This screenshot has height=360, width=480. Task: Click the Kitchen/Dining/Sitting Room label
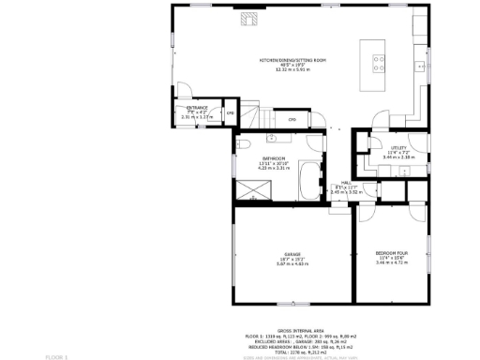tap(293, 59)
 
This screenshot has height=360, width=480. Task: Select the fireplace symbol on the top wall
tap(247, 18)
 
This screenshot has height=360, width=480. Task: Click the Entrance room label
tap(197, 108)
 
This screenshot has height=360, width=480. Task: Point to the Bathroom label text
tap(274, 158)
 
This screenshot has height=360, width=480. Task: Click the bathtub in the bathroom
tap(309, 181)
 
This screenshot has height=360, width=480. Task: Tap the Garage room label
tap(293, 253)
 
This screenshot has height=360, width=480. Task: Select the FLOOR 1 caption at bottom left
tap(57, 357)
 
